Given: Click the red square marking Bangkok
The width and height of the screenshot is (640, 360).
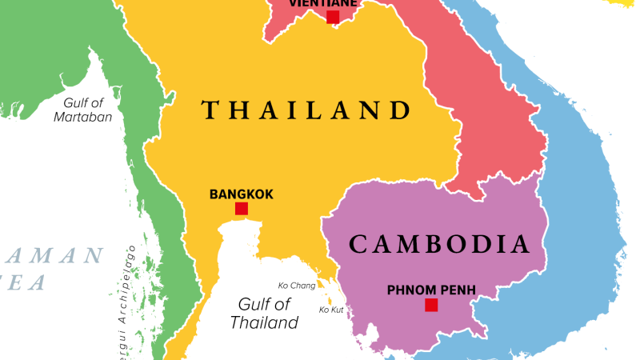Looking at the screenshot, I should [x=241, y=209].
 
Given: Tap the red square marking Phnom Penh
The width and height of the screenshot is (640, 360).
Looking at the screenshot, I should [x=431, y=304].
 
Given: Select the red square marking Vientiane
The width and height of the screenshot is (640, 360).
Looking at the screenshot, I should [x=332, y=17].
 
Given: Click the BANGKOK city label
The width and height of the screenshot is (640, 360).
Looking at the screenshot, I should [x=241, y=194].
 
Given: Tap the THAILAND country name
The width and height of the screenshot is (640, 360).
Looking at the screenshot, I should [x=306, y=109].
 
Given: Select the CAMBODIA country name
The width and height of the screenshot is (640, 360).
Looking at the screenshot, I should [x=440, y=243].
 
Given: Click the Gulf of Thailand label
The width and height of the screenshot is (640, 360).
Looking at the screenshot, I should [x=264, y=314].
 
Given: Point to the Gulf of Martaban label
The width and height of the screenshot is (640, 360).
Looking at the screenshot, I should [x=82, y=109].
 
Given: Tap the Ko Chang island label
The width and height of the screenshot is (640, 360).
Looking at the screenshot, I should [x=296, y=286].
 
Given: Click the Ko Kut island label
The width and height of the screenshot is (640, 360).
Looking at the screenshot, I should [x=332, y=310].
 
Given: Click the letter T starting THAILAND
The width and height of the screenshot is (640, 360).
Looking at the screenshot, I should [x=210, y=109].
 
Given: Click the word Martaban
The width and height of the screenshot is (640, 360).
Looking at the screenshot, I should [x=82, y=117].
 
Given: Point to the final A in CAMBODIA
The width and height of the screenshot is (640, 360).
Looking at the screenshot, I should [x=521, y=243].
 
